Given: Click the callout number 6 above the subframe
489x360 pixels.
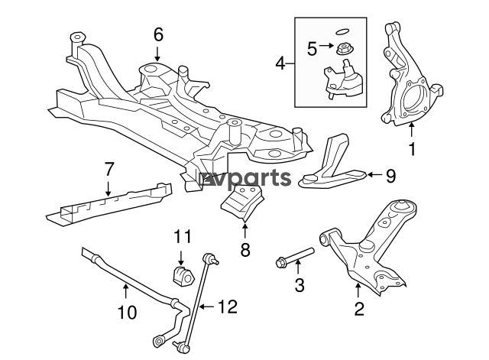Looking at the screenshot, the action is click(158, 34).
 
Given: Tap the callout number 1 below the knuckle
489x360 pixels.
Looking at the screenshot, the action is click(412, 149).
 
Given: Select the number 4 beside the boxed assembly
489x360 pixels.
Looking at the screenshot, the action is click(280, 64).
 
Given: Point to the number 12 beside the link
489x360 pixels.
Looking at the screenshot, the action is click(228, 306).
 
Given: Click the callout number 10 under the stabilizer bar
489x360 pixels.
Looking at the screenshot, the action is click(128, 312).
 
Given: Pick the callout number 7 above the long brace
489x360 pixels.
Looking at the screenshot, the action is click(108, 170).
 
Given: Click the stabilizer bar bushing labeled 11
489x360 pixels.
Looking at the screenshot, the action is click(183, 274).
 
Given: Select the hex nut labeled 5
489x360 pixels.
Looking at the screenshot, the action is click(343, 49).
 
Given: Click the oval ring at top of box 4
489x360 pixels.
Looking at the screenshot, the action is click(342, 31).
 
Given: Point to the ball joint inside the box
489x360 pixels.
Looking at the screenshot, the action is click(343, 79).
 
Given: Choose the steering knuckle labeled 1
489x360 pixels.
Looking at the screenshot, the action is click(410, 75).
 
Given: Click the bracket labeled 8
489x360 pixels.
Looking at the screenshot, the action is click(242, 203).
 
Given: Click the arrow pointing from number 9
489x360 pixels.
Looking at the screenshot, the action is click(374, 175).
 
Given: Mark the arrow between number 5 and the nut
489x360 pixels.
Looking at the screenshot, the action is click(326, 46).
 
